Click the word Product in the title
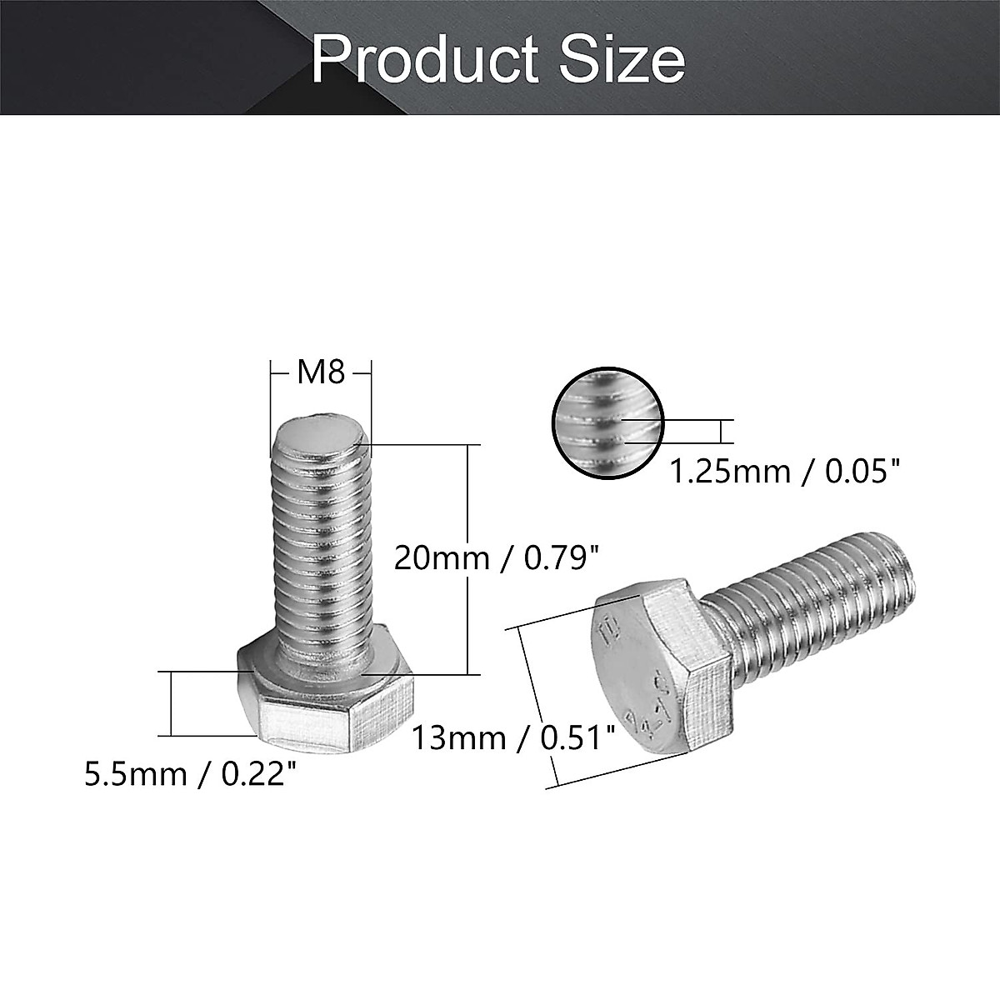click(x=421, y=60)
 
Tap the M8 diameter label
click(x=321, y=372)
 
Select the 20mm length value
click(x=441, y=557)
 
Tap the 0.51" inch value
click(x=578, y=737)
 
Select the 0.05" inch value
click(x=863, y=472)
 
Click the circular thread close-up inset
click(x=609, y=423)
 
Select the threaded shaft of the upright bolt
click(x=321, y=550)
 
